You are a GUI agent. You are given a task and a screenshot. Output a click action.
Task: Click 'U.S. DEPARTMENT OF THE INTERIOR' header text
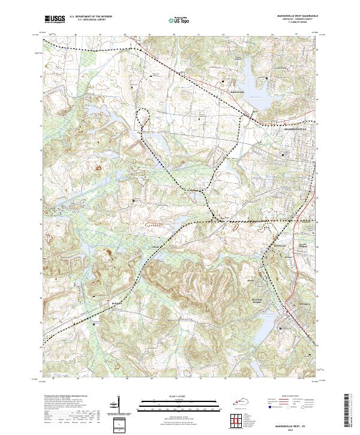tap(91, 17)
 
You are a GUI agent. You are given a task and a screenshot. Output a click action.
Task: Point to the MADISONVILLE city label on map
tap(294, 129)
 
